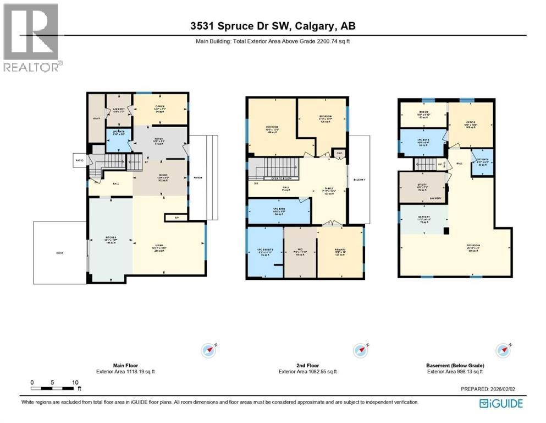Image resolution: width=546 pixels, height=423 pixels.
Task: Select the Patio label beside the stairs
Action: (x=79, y=161)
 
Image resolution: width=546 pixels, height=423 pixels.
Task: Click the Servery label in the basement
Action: (x=423, y=218)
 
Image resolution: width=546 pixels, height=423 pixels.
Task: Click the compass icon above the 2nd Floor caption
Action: (x=361, y=350)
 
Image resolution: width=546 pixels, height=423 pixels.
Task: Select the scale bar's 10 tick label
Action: (x=75, y=382)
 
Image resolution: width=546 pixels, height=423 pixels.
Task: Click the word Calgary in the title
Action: (x=312, y=27)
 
